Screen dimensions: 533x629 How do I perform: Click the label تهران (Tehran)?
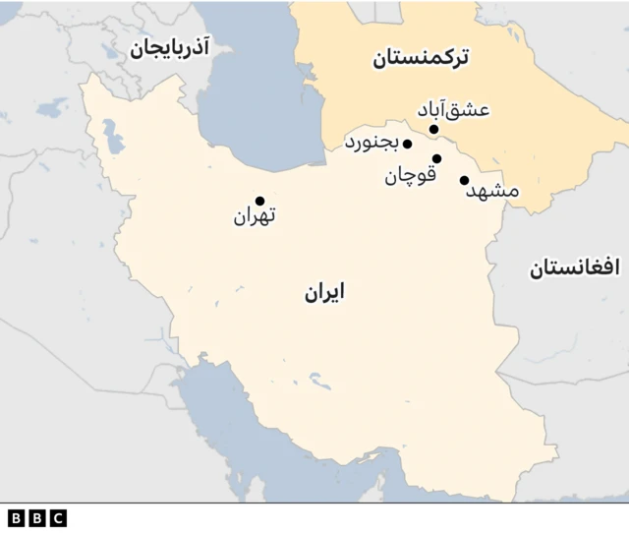[x=256, y=216]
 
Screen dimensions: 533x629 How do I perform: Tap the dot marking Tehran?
[x=260, y=201]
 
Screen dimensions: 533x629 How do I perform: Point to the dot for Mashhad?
[x=464, y=180]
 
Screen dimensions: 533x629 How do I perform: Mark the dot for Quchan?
[x=436, y=158]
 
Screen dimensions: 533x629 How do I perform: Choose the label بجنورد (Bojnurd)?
[x=372, y=144]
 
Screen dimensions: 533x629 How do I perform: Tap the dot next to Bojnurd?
[x=407, y=144]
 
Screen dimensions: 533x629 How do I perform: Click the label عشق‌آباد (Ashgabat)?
[x=453, y=110]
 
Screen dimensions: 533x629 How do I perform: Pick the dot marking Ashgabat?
[x=432, y=128]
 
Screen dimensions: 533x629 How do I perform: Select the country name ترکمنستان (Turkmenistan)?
[x=420, y=59]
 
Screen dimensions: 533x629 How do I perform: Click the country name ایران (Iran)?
[x=323, y=292]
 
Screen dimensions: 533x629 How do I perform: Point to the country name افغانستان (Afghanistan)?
[x=575, y=266]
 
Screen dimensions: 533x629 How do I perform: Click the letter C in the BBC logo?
[x=57, y=517]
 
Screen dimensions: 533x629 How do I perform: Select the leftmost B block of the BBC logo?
[x=16, y=517]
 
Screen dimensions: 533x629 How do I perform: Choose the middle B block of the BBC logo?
[x=36, y=517]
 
